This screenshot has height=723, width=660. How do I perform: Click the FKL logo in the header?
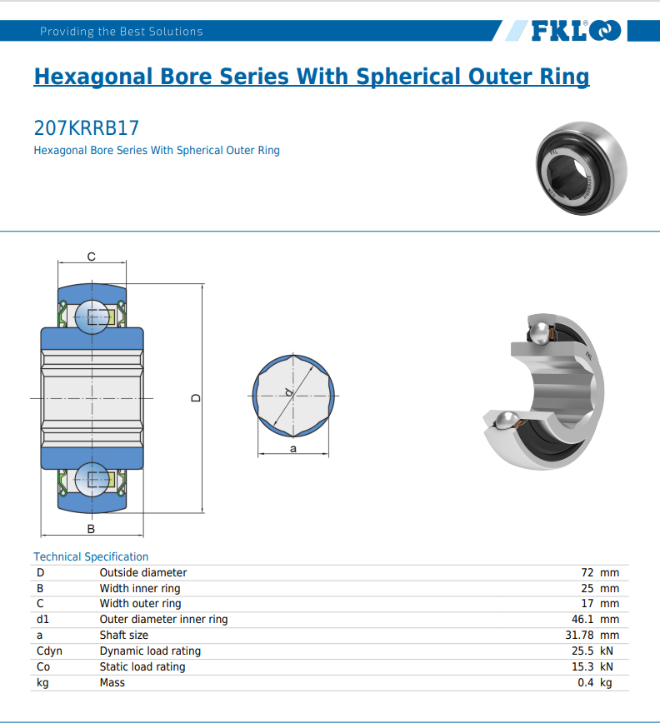click(x=575, y=31)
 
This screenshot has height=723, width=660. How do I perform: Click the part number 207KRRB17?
click(x=86, y=128)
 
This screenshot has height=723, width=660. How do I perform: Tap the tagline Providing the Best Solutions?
click(x=122, y=32)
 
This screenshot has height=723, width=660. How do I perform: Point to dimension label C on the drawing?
click(x=91, y=256)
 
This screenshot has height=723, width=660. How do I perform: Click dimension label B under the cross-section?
click(x=91, y=529)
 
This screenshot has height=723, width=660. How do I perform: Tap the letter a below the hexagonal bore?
click(x=293, y=448)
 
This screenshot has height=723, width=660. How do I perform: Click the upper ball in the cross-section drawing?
click(x=91, y=317)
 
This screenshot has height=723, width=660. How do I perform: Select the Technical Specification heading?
click(x=91, y=556)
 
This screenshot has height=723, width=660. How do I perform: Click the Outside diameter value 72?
click(x=587, y=572)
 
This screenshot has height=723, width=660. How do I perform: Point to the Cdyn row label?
click(x=49, y=651)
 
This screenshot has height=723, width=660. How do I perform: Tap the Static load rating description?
click(x=142, y=666)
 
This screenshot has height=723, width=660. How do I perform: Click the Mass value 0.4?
click(x=585, y=682)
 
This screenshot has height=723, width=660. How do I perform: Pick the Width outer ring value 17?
click(x=587, y=603)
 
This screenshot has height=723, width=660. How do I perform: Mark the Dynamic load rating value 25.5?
click(x=582, y=651)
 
